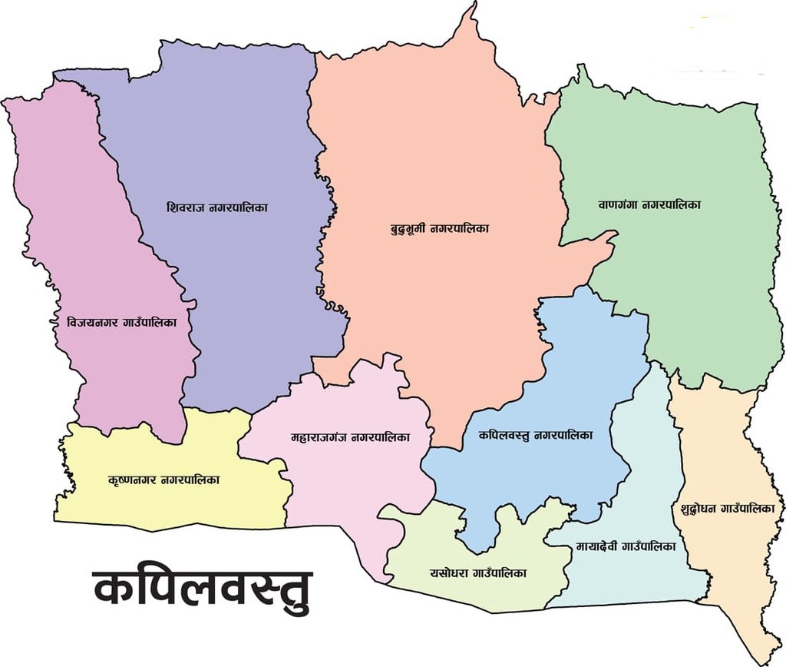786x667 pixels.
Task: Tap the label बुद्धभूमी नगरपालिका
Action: click(x=440, y=228)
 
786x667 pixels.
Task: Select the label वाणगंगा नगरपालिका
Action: click(x=649, y=205)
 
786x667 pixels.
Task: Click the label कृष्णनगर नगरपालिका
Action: click(x=164, y=480)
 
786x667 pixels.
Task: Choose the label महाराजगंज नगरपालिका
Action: click(x=350, y=437)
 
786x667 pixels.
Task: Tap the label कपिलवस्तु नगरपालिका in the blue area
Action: click(x=535, y=435)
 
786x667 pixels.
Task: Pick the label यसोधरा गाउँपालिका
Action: click(x=478, y=572)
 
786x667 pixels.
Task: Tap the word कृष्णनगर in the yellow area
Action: click(x=134, y=480)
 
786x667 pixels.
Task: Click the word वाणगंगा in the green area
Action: click(x=619, y=205)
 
